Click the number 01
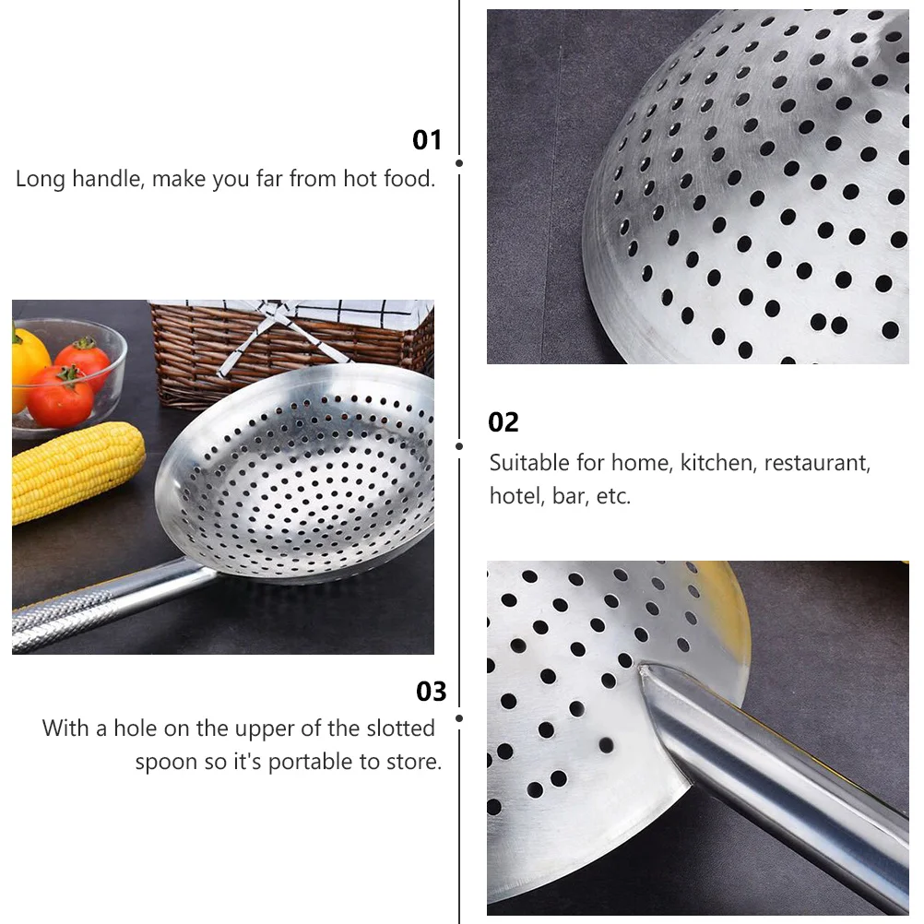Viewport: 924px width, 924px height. click(x=427, y=140)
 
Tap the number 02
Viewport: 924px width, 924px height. click(x=503, y=422)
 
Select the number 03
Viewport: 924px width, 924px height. click(x=431, y=692)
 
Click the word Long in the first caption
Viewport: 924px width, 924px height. click(x=41, y=179)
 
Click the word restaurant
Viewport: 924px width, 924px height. click(x=817, y=463)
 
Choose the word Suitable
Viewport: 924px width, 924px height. click(x=529, y=463)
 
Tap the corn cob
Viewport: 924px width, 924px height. click(x=77, y=471)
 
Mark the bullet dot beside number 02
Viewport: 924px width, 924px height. click(x=460, y=446)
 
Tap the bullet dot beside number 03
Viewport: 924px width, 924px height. click(x=460, y=719)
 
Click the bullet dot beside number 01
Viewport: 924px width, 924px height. click(x=460, y=163)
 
